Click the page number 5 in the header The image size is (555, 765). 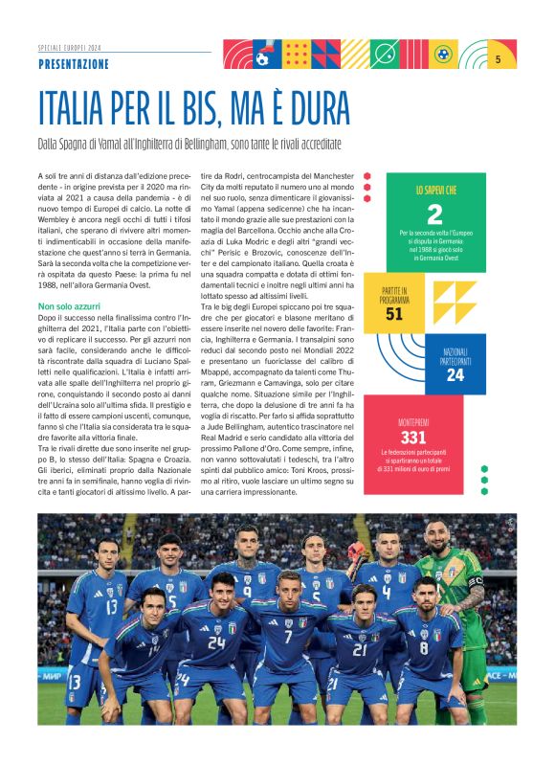coord(499,59)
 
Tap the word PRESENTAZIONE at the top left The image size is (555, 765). coord(74,64)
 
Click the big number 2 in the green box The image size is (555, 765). coord(434,214)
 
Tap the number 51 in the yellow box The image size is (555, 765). coord(394,313)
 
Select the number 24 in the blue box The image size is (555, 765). coord(455,375)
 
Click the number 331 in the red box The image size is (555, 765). coord(413,437)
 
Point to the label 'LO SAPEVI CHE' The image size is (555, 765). coord(435,191)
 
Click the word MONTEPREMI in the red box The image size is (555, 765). coord(413,421)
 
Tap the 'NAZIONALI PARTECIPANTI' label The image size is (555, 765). coord(455,355)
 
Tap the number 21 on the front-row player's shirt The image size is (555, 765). coord(358,649)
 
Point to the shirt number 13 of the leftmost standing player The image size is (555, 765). coord(112,605)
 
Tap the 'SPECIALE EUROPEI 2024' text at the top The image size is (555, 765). coord(69,46)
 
